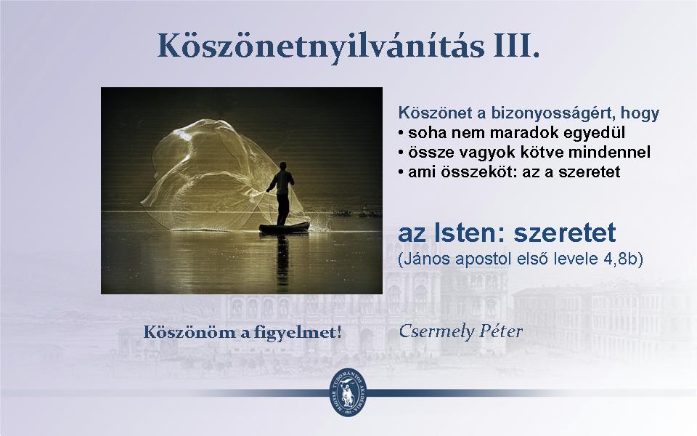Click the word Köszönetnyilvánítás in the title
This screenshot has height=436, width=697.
coord(320,47)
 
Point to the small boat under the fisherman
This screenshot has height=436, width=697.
coord(285,227)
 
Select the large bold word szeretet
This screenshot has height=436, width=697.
coord(565,233)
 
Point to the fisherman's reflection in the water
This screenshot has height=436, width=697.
coord(282,260)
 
